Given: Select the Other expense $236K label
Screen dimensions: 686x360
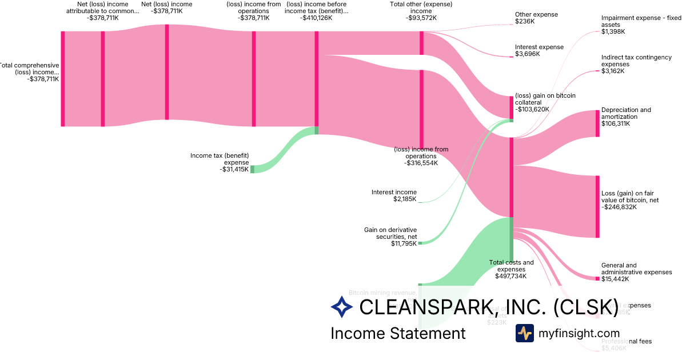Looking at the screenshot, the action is click(x=536, y=18).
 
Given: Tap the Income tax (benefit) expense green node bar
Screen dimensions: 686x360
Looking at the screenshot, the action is click(x=252, y=169).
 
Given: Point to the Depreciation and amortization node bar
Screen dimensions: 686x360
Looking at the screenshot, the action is click(x=598, y=123).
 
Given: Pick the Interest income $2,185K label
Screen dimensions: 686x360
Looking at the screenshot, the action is click(x=394, y=196).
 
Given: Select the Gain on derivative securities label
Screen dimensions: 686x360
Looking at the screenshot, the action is click(x=390, y=233).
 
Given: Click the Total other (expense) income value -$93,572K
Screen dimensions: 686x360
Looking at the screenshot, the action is click(x=421, y=18).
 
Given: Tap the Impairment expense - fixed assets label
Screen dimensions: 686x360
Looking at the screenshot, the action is click(x=641, y=21).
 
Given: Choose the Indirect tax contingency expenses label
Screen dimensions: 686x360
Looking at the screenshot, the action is click(x=636, y=61).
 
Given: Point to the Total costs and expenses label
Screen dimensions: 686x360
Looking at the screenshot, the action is click(x=511, y=266).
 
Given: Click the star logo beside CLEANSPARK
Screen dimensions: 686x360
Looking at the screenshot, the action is click(x=342, y=307).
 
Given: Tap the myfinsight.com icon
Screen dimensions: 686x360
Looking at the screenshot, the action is click(x=524, y=333).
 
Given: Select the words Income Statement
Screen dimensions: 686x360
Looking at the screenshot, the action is click(x=398, y=333).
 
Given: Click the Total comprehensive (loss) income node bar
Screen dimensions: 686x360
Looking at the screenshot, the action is click(x=63, y=79).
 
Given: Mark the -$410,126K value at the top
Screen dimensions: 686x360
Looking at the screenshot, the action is click(x=316, y=18).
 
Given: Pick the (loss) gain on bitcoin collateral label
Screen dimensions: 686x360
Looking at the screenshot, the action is click(x=545, y=98).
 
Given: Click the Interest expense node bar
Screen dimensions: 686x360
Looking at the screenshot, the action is click(x=512, y=57).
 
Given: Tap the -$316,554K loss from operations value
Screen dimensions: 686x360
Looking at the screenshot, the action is click(x=421, y=163).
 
